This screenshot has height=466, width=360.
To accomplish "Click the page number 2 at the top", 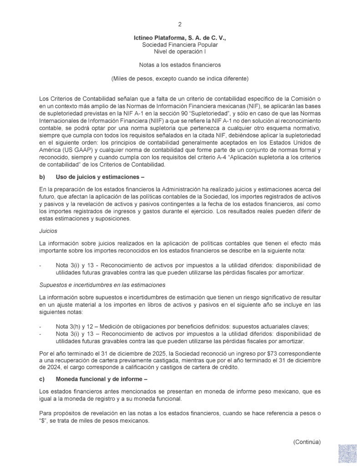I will point(180,24).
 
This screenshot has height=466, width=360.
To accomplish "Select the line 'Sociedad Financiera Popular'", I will point(180,46).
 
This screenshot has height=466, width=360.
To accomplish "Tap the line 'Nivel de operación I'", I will point(180,52).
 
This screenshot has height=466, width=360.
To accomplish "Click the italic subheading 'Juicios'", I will point(49,231).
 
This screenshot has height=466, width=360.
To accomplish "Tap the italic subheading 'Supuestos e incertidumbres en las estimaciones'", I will point(102,284).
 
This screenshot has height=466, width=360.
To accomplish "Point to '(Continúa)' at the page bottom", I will point(307,441).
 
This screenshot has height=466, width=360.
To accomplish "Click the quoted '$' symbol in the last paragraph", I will point(44,421).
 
